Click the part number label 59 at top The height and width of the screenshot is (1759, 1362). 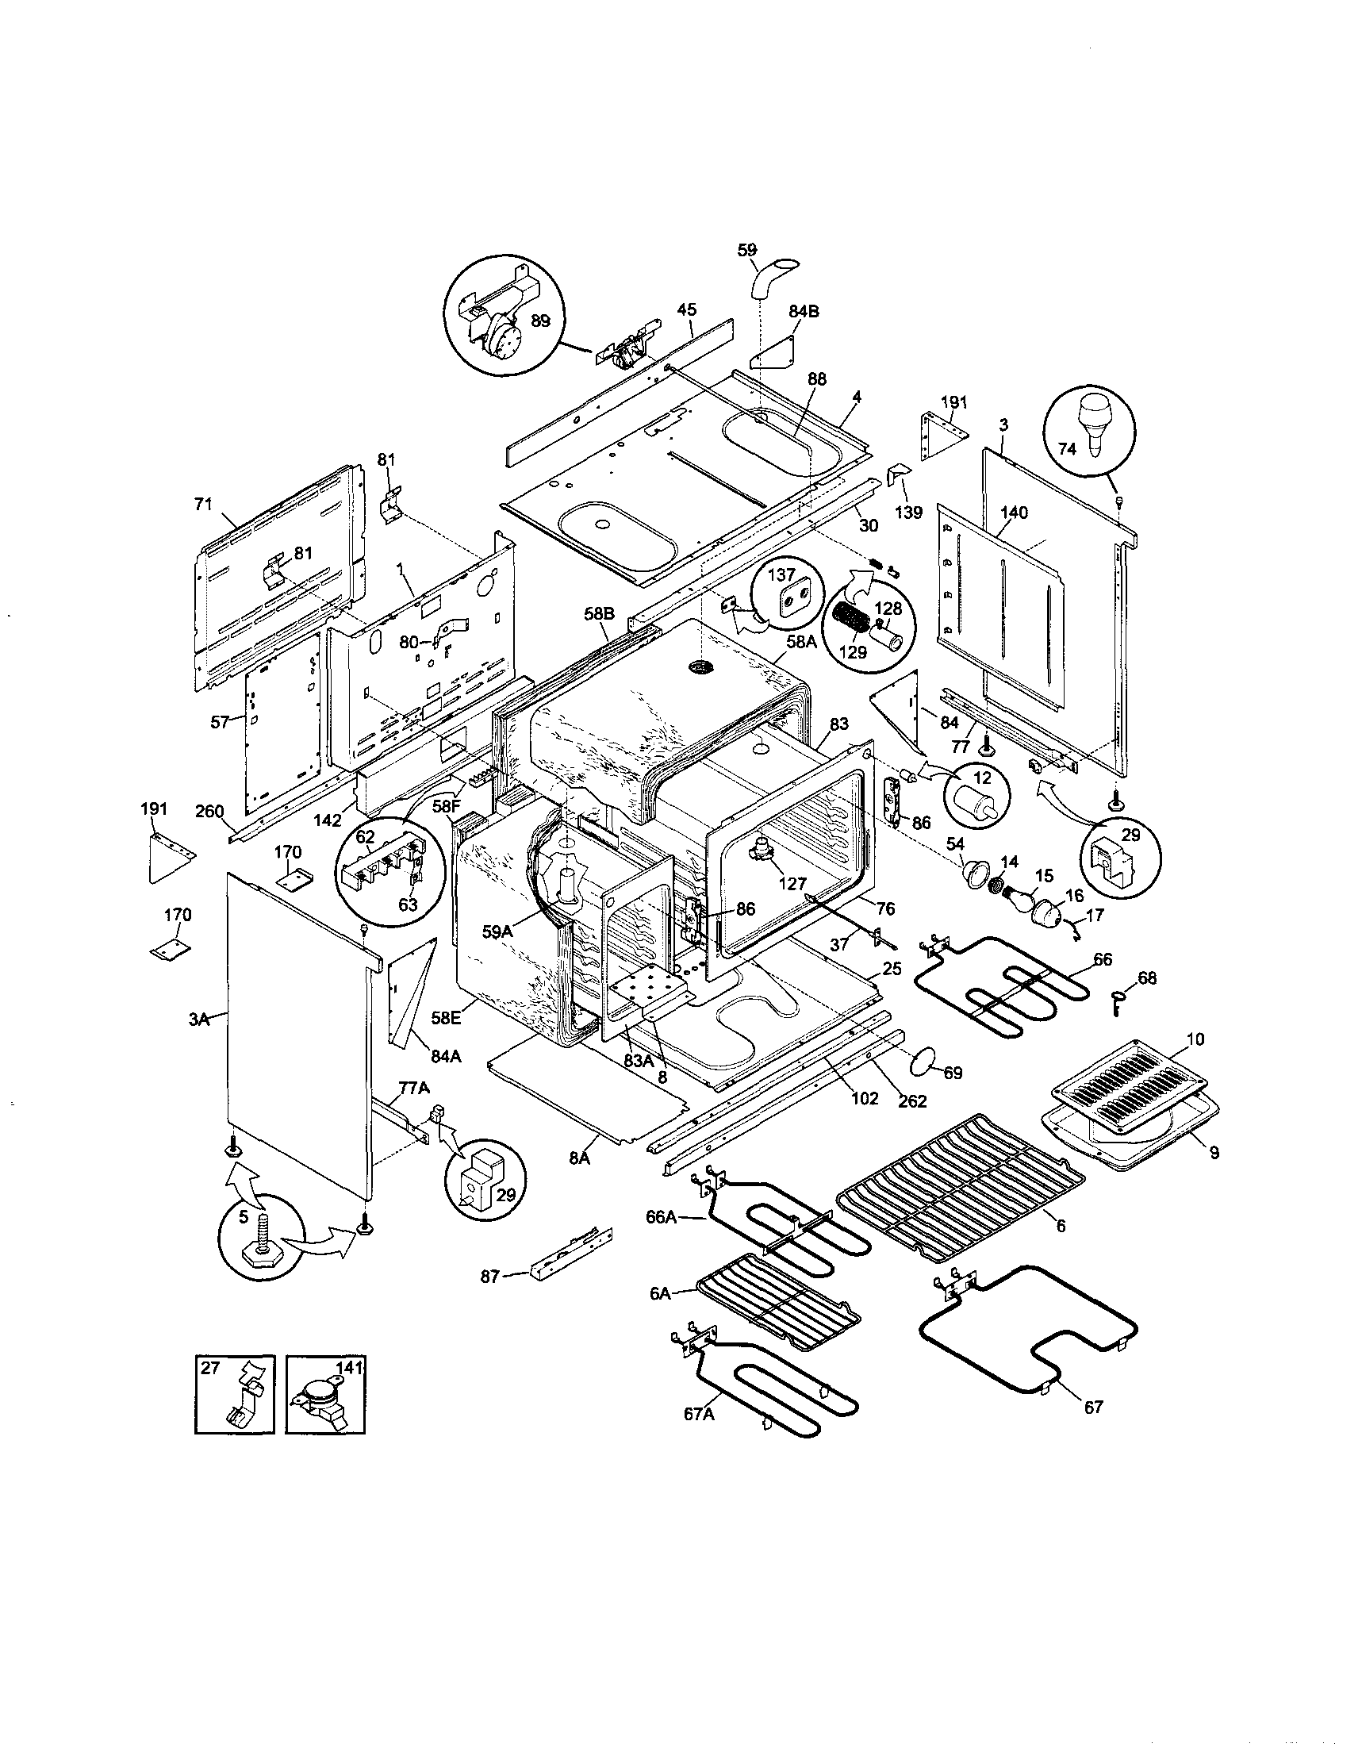click(747, 250)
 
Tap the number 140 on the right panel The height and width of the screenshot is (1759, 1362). click(1014, 513)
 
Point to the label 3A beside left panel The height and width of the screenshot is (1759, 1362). click(199, 1020)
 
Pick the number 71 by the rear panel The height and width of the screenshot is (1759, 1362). click(202, 504)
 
